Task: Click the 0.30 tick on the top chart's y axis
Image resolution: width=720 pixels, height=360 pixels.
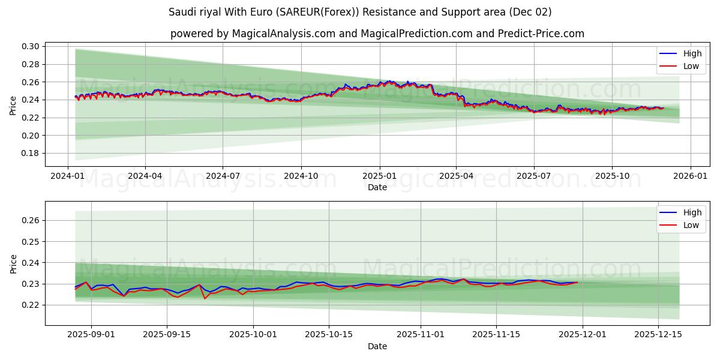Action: pyautogui.click(x=31, y=46)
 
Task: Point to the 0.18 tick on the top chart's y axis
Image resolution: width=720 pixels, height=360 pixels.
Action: pyautogui.click(x=31, y=153)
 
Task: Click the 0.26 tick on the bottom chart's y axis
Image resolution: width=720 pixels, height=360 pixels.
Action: pyautogui.click(x=31, y=220)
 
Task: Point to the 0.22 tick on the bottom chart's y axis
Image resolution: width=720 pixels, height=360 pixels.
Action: pyautogui.click(x=31, y=305)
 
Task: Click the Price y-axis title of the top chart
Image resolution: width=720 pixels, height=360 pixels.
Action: pyautogui.click(x=13, y=105)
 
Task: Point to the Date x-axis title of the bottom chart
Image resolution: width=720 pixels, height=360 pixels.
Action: pyautogui.click(x=377, y=346)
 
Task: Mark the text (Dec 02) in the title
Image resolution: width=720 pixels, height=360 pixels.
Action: pyautogui.click(x=530, y=12)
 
